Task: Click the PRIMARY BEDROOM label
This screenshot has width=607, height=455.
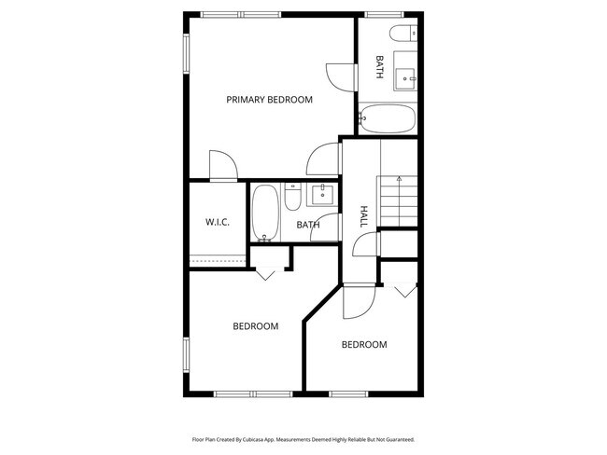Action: pos(269,99)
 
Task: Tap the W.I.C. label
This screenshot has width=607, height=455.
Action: pos(218,222)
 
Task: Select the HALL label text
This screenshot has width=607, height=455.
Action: pos(362,216)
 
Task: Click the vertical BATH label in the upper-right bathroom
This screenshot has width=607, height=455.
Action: pos(379,67)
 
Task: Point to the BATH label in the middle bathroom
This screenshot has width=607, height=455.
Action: pos(308,225)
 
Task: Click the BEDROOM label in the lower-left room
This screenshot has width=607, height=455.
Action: pos(256,326)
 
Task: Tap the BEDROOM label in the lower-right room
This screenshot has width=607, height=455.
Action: pos(364,345)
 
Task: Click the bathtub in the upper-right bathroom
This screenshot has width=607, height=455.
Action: pos(388,119)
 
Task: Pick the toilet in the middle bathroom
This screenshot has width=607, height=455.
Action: pos(292,199)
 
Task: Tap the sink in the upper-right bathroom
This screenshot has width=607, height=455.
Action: pos(408,76)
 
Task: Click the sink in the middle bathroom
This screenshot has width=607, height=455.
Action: pos(323,194)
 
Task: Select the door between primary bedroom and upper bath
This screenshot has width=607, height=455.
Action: pos(341,76)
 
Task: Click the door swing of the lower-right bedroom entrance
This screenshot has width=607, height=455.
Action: pos(359,300)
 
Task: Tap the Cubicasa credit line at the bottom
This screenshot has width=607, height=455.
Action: pos(303,438)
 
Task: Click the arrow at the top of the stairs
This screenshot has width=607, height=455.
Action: pos(398,177)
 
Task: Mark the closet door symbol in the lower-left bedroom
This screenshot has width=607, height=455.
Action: pos(266,273)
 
